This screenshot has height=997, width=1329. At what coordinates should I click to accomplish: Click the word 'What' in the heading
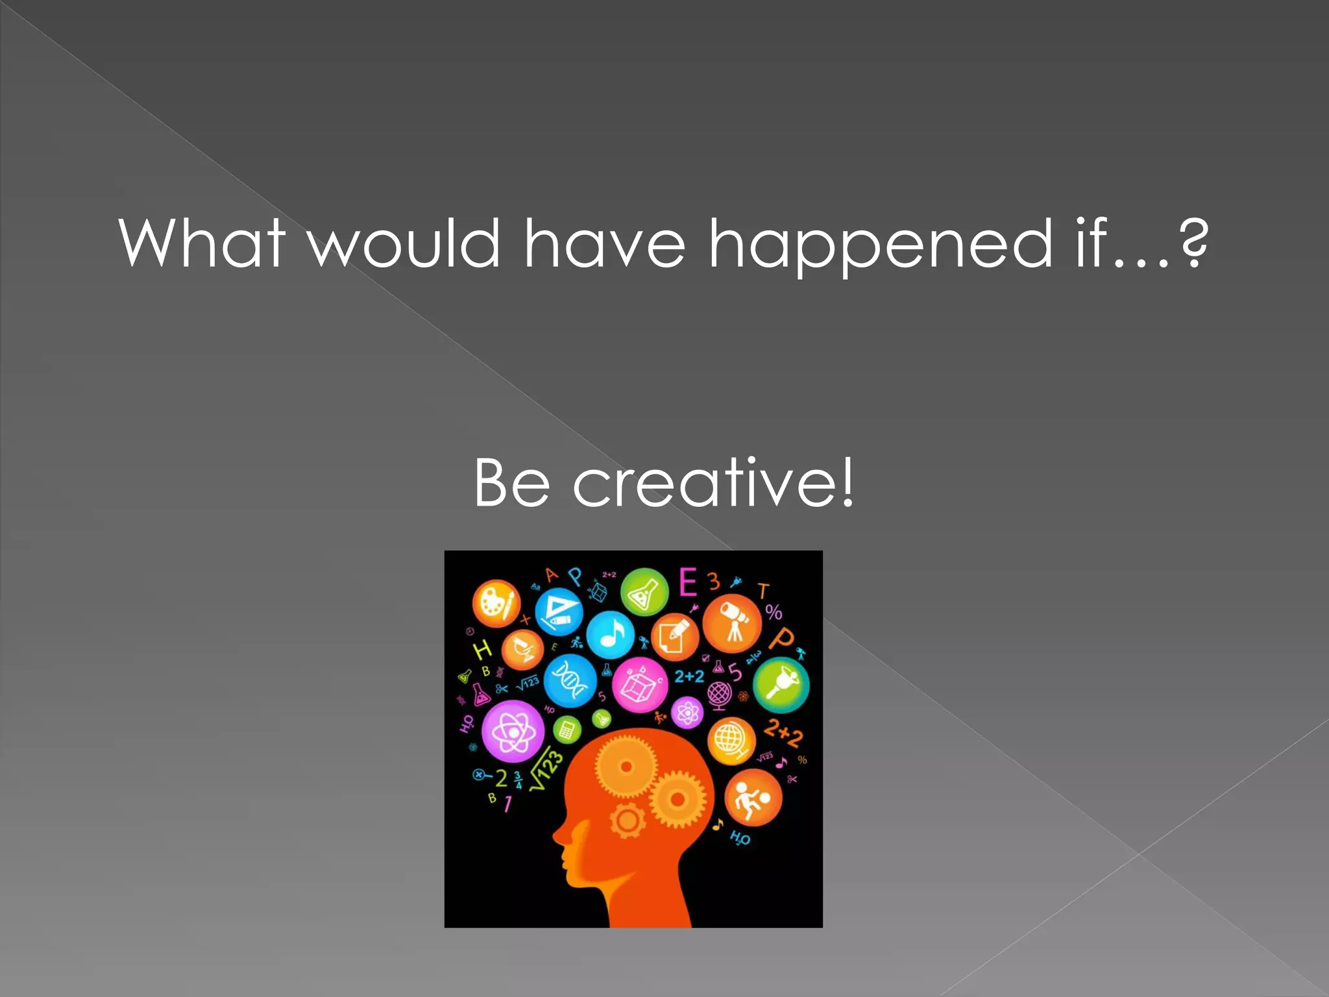pos(202,243)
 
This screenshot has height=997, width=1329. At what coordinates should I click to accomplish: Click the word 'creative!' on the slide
pos(713,483)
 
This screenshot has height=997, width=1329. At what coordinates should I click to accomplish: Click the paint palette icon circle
pos(496,603)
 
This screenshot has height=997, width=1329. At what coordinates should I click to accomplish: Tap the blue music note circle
pos(610,634)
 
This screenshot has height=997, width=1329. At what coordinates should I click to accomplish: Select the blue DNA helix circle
pos(570,680)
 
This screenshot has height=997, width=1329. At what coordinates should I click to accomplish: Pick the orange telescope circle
pos(733,622)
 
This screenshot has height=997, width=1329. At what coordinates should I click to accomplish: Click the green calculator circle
pos(567,730)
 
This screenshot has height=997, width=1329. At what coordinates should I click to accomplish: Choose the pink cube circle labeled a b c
pos(640,684)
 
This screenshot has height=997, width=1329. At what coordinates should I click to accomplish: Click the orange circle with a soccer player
pos(753,798)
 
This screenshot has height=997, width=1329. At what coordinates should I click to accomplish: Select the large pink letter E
pos(687,582)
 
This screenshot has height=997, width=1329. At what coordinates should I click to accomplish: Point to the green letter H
pos(482,649)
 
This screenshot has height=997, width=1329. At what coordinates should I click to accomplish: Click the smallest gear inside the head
pos(627,820)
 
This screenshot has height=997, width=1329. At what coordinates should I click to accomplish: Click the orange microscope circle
pos(522,649)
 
